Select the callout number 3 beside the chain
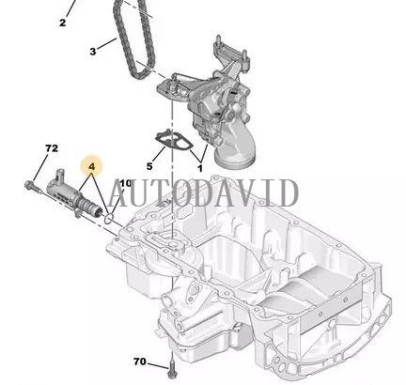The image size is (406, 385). click(93, 52)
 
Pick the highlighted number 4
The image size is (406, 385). click(91, 167)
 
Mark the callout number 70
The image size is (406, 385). click(140, 361)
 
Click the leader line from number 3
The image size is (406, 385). click(106, 47)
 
